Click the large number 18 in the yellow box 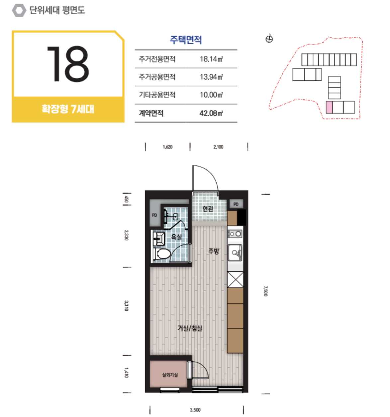(x=68, y=64)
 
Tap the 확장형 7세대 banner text (x=68, y=109)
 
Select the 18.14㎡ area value (x=211, y=59)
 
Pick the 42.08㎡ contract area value (x=211, y=113)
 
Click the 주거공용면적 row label (x=157, y=77)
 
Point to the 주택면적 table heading (x=186, y=40)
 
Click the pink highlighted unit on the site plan (x=329, y=107)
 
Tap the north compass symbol (x=269, y=39)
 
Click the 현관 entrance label (x=208, y=209)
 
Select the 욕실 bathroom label (x=176, y=237)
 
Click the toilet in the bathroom (x=161, y=254)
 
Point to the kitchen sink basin (x=235, y=252)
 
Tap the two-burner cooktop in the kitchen (x=235, y=234)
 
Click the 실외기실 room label (x=170, y=375)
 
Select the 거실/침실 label (x=190, y=328)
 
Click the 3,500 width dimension (x=195, y=410)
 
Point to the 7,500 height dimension (x=266, y=291)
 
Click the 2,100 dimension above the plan (x=218, y=147)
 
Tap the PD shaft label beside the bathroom (x=154, y=215)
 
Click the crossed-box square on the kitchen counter (x=235, y=280)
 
